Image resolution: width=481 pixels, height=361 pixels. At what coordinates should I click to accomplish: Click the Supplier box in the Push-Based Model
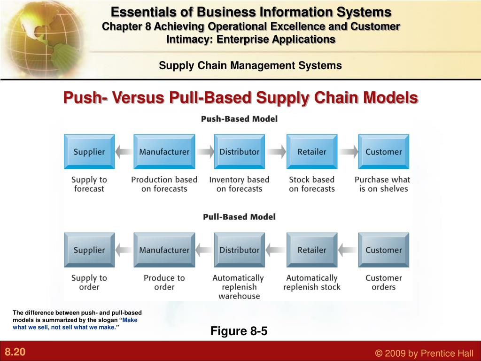click(x=89, y=152)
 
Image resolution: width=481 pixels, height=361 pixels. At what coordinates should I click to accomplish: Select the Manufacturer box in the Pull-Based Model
click(x=164, y=250)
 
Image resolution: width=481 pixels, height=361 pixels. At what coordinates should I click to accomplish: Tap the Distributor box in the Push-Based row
click(x=240, y=152)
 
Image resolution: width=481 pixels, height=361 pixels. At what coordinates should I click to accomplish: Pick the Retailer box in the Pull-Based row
click(x=312, y=250)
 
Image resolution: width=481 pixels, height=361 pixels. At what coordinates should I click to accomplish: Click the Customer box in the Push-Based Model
click(x=383, y=152)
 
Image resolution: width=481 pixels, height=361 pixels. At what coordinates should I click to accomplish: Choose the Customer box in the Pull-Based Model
click(x=383, y=250)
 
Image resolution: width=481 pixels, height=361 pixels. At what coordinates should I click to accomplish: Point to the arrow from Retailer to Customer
click(x=348, y=152)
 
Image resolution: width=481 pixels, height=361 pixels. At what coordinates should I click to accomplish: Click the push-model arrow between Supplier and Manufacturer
click(x=124, y=152)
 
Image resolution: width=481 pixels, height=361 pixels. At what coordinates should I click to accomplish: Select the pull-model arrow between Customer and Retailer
click(x=348, y=250)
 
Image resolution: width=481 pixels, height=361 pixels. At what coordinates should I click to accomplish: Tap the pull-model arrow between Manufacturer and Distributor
click(x=204, y=250)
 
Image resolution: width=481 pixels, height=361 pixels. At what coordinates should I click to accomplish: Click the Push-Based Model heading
click(x=239, y=119)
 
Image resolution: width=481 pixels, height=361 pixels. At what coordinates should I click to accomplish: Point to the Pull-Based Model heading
click(x=239, y=217)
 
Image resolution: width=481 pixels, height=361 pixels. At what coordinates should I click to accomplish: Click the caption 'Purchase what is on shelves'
click(x=382, y=184)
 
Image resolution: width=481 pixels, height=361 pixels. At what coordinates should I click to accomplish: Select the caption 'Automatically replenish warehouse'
click(x=239, y=287)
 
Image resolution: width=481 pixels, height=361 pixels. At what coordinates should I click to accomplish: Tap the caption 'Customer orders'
click(x=383, y=283)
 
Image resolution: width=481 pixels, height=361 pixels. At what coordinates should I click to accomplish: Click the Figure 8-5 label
click(x=239, y=331)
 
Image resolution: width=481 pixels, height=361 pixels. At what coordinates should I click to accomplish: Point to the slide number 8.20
click(x=15, y=352)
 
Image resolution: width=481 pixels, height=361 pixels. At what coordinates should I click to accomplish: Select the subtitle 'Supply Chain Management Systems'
click(x=250, y=66)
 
